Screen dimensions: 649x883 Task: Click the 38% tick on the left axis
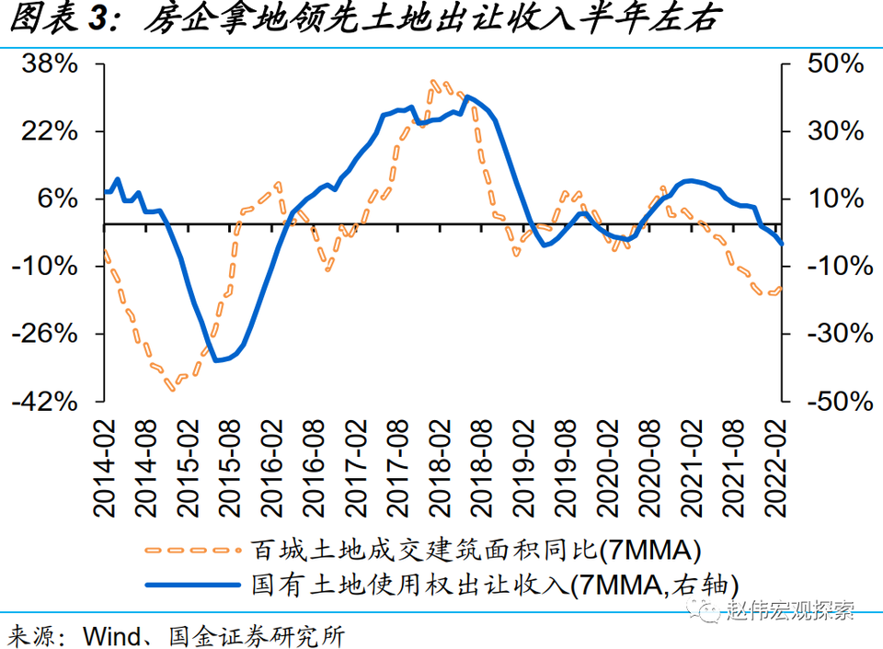(52, 64)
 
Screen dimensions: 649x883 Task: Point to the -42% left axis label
(47, 402)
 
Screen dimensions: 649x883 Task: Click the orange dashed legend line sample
(189, 550)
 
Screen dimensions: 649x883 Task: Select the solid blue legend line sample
(189, 583)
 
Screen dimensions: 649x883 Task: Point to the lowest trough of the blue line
(217, 360)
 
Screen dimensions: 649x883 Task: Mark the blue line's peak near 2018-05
(468, 97)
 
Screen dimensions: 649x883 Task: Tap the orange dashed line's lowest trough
(171, 389)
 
